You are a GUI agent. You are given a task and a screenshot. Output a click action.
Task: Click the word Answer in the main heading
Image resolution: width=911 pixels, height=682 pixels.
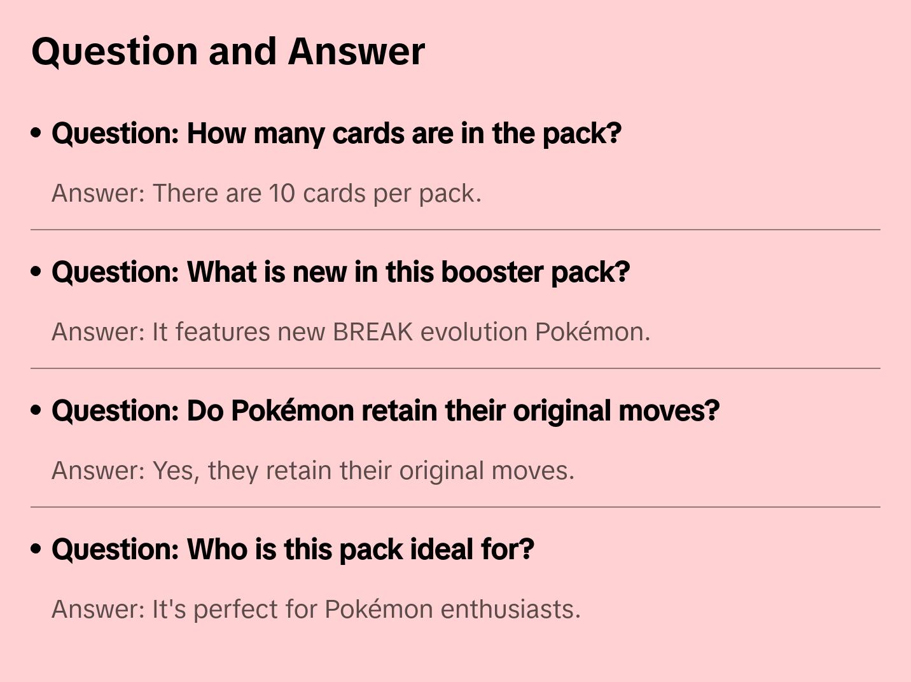click(356, 52)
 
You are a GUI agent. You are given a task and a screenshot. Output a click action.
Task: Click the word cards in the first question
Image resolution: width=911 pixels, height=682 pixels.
click(368, 134)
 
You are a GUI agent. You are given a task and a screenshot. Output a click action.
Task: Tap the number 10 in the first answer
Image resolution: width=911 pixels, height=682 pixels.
click(282, 193)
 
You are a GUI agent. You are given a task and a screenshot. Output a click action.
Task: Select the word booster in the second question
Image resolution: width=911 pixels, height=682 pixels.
click(492, 272)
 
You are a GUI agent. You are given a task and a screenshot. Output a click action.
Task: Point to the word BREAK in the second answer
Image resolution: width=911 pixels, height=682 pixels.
click(373, 332)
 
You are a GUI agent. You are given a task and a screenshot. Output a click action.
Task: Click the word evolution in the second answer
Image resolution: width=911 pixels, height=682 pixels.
click(473, 332)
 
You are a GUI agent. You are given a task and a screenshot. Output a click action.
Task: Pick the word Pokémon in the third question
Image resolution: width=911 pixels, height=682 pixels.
click(292, 411)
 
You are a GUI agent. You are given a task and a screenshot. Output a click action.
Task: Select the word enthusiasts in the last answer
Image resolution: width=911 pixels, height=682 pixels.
click(510, 609)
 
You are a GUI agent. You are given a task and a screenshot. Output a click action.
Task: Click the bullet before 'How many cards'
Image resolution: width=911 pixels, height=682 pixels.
click(36, 133)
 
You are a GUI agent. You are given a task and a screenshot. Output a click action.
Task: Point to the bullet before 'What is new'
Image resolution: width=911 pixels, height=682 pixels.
click(36, 272)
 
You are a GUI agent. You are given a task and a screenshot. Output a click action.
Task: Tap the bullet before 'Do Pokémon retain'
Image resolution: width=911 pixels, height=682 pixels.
click(36, 410)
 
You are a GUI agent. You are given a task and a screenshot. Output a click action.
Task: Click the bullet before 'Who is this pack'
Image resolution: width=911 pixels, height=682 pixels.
click(36, 549)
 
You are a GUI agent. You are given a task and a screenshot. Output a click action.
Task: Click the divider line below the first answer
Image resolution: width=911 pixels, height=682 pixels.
click(455, 230)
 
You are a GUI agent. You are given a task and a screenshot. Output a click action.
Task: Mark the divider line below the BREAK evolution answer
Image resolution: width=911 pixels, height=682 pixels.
click(455, 368)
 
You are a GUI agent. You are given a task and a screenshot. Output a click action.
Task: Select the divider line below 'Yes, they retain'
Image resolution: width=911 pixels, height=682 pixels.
click(455, 506)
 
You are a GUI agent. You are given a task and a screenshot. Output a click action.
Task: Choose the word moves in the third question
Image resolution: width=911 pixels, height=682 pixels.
click(669, 411)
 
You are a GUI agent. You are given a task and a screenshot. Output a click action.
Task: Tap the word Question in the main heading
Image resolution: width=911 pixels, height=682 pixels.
click(115, 52)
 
